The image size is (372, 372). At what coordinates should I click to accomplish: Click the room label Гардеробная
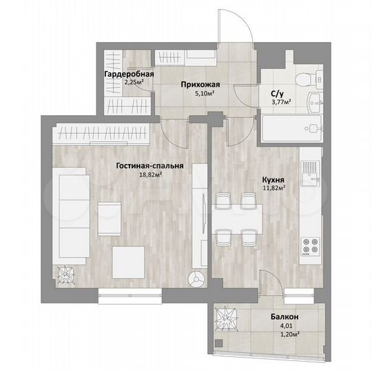129,74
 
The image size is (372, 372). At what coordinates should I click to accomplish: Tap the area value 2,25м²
134,83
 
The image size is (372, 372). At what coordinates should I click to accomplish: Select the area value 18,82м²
149,175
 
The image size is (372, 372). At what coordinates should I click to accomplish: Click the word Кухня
274,178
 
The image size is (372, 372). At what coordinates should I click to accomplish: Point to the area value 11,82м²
274,187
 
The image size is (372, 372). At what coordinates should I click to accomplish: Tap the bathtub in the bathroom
289,128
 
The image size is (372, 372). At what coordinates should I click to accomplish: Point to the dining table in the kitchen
234,219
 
